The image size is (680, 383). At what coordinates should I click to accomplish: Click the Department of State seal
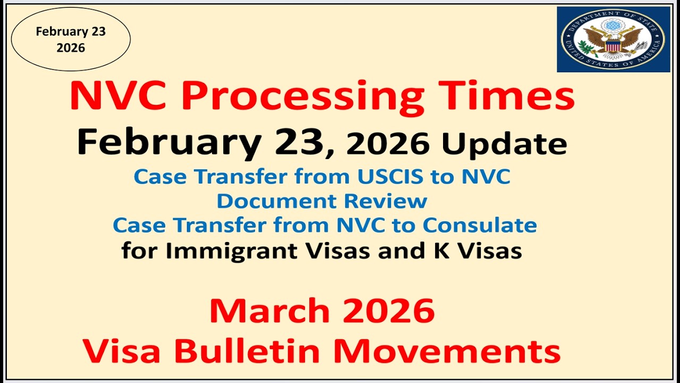pyautogui.click(x=613, y=39)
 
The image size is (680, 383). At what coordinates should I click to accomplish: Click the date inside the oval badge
pyautogui.click(x=71, y=39)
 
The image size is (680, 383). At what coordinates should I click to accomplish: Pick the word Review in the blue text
pyautogui.click(x=385, y=201)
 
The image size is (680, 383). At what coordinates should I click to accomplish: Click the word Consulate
pyautogui.click(x=480, y=225)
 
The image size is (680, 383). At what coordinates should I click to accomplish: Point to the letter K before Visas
pyautogui.click(x=433, y=251)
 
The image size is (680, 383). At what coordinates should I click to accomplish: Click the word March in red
pyautogui.click(x=270, y=312)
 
